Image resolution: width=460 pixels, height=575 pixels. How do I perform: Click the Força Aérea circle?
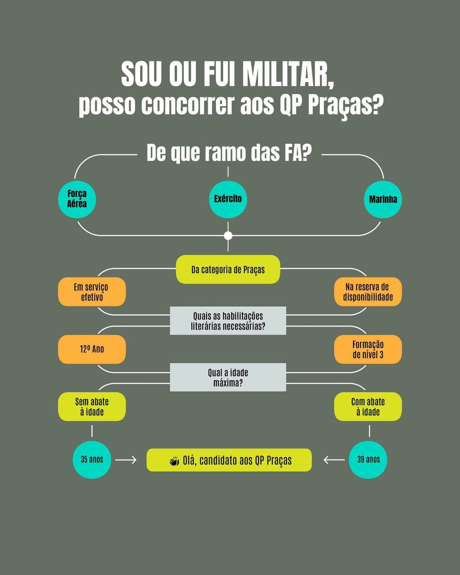point(77,199)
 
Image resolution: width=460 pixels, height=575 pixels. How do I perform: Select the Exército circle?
point(228,199)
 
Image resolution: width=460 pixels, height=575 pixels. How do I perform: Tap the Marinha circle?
point(382,199)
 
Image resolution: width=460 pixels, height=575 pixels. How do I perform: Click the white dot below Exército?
point(228,236)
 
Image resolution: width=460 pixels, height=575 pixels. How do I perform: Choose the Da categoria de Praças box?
point(228,270)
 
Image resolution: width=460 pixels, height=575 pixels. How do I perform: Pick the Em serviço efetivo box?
point(92,292)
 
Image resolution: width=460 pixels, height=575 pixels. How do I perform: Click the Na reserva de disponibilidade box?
point(368,292)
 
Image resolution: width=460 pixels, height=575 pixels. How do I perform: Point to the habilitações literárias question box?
point(228,321)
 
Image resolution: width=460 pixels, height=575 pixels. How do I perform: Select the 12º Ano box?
point(92,349)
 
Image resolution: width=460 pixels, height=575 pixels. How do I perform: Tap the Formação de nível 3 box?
point(368,349)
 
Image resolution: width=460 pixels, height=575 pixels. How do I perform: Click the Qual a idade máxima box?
point(228,377)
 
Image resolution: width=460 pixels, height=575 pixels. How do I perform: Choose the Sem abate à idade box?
point(92,407)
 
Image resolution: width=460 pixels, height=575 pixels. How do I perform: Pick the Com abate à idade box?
point(368,407)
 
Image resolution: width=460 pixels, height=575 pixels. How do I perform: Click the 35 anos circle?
point(92,460)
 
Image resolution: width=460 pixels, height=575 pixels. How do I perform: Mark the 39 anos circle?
point(368,460)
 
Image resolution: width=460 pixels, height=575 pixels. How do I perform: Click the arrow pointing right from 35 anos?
point(126,460)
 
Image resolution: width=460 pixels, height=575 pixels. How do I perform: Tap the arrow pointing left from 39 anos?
point(334,460)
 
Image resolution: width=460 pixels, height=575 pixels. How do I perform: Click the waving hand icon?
point(174,461)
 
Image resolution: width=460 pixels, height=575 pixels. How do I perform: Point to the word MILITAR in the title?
point(288,75)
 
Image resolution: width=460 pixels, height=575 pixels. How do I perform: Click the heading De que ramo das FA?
point(229,153)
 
